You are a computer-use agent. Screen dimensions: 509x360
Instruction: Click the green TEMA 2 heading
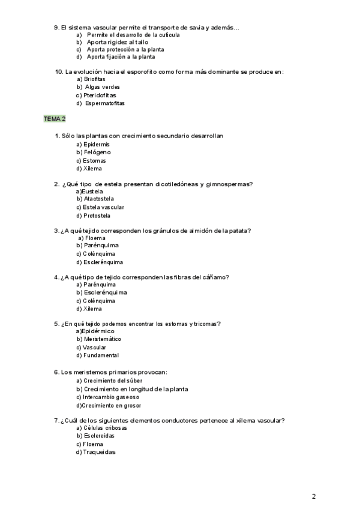[x=55, y=119]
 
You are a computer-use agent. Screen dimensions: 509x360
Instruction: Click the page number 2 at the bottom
[x=314, y=496]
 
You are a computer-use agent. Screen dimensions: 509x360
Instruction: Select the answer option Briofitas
[x=94, y=79]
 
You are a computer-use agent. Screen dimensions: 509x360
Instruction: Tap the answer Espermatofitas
[x=105, y=103]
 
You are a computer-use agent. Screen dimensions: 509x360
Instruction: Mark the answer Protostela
[x=97, y=215]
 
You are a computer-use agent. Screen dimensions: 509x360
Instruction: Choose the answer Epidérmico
[x=97, y=331]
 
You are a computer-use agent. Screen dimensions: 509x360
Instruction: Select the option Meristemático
[x=102, y=339]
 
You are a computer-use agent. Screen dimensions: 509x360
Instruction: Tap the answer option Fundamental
[x=101, y=355]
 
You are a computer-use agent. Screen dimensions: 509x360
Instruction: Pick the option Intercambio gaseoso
[x=111, y=397]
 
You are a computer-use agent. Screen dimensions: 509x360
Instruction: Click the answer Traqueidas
[x=99, y=452]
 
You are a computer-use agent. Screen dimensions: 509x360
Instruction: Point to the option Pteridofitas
[x=100, y=95]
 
